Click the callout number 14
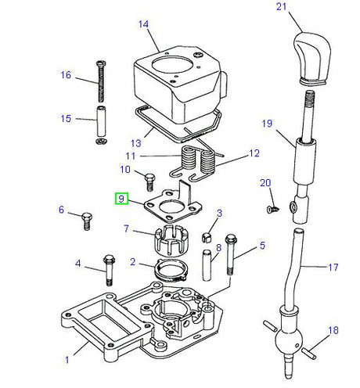pos(143,24)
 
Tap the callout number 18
pos(334,331)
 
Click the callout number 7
pos(126,229)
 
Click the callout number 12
pos(252,154)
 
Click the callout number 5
pos(262,245)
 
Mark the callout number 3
pos(220,213)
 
